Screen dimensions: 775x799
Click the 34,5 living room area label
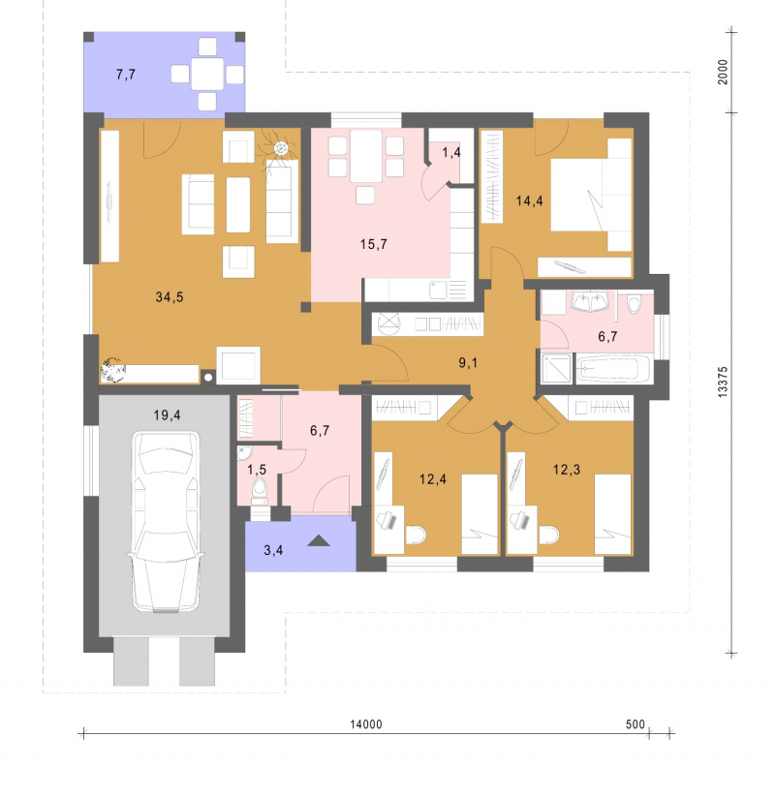point(170,296)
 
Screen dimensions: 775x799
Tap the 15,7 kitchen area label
point(373,244)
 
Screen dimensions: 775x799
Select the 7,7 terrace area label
point(125,75)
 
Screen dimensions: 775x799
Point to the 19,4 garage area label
point(168,415)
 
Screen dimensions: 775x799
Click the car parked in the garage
point(166,521)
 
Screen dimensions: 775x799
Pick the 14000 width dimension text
point(366,724)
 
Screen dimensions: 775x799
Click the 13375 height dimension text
point(723,382)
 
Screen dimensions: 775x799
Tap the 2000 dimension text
point(723,73)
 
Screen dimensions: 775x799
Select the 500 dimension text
point(635,724)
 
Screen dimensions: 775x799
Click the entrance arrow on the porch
point(319,540)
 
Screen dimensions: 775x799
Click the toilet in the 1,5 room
point(260,491)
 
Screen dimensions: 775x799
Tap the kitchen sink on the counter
point(438,290)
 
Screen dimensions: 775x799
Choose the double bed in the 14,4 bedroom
point(592,195)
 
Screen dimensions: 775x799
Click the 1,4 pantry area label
point(451,152)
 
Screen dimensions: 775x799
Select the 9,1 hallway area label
point(468,363)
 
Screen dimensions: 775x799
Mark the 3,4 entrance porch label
point(273,550)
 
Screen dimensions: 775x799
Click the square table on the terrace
point(207,75)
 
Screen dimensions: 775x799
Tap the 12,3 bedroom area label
point(567,470)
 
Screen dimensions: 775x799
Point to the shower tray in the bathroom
point(556,368)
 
